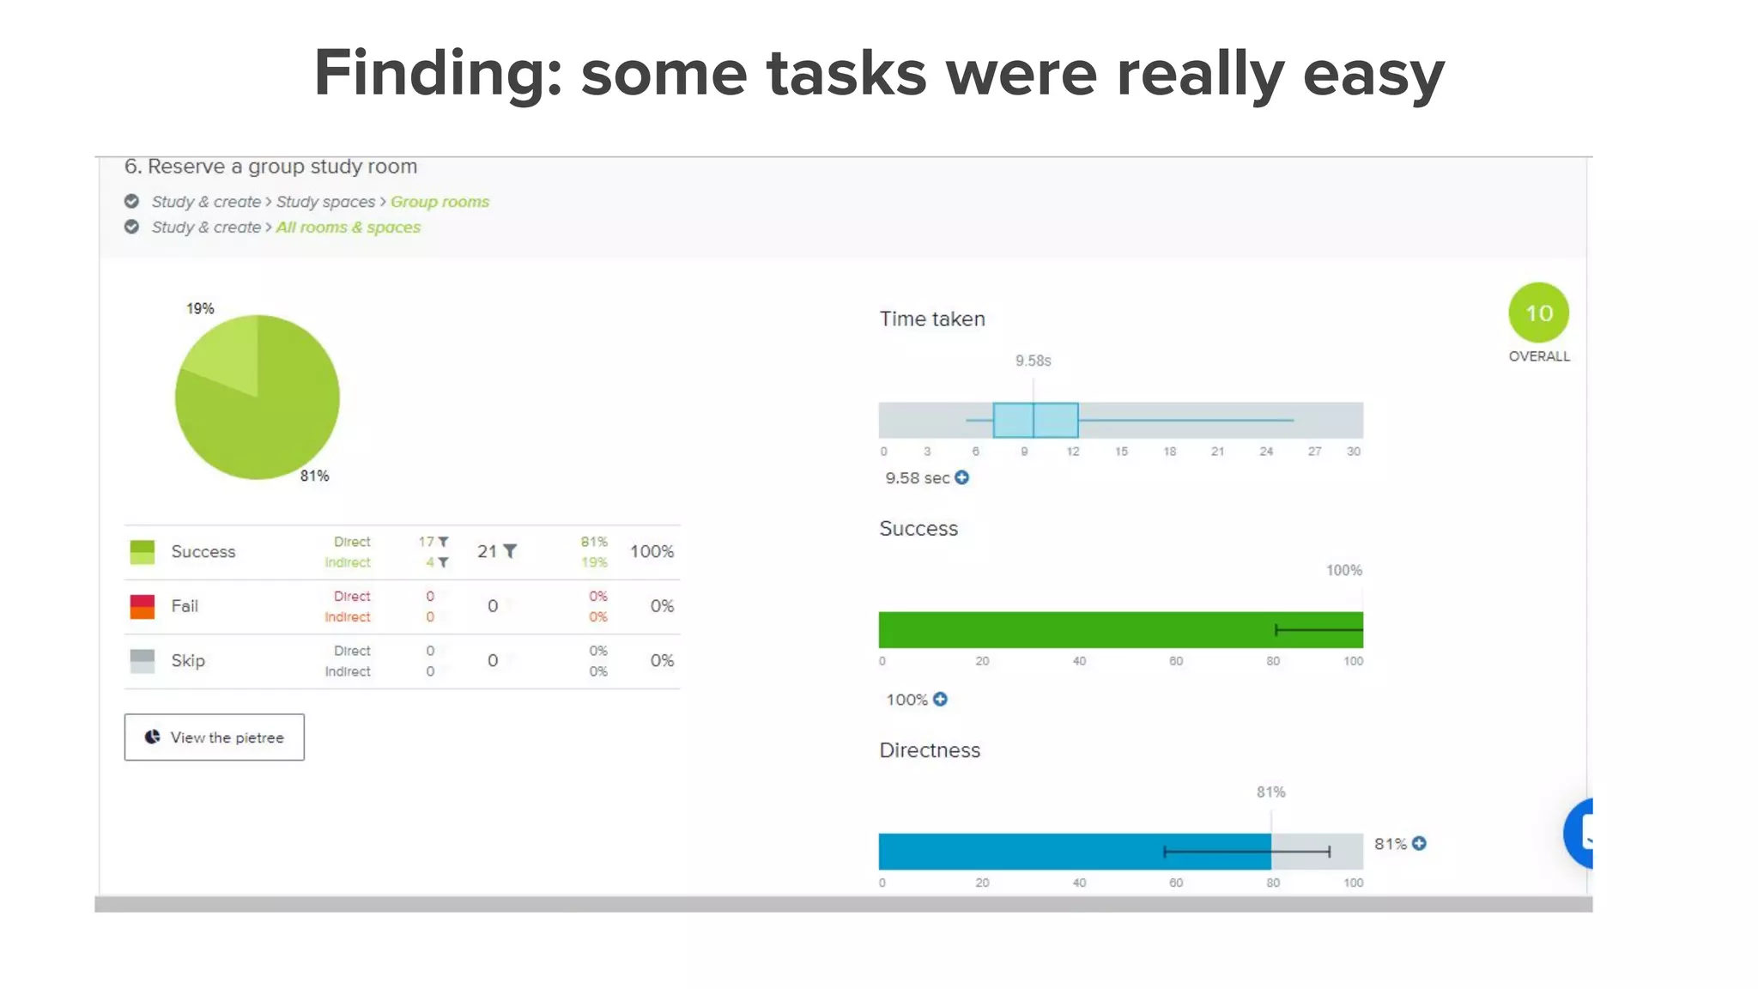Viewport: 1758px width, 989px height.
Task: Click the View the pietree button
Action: (214, 737)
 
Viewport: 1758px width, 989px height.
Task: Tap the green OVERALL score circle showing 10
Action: (1538, 312)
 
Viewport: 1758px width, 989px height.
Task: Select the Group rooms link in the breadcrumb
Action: (439, 202)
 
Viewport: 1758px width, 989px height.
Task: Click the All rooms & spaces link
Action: (348, 228)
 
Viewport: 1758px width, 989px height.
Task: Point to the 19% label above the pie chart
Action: (200, 308)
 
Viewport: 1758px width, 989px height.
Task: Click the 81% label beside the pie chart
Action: (314, 476)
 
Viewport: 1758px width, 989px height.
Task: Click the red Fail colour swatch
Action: (142, 606)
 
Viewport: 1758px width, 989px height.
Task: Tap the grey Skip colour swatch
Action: (142, 661)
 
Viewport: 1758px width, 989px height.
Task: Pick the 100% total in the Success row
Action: (652, 551)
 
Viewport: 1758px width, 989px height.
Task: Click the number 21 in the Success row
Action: (487, 551)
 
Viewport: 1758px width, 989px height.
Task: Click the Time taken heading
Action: (932, 319)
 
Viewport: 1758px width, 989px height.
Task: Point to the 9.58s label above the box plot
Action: (1033, 361)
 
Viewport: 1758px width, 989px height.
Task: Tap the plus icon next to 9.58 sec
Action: (962, 477)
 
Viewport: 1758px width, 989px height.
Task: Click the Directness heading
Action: (930, 749)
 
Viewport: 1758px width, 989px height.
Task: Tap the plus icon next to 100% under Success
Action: (941, 699)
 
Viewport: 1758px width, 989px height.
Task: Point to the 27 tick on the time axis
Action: (1314, 452)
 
